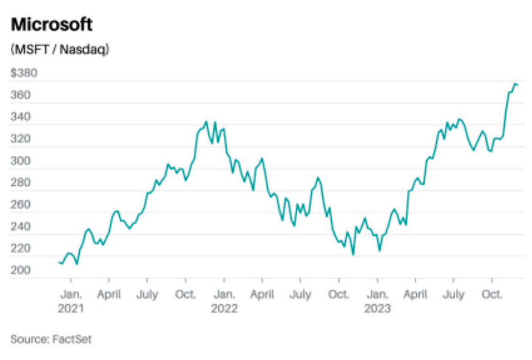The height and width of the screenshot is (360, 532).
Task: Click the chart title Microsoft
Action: tap(52, 24)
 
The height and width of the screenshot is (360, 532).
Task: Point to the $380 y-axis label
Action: tap(24, 73)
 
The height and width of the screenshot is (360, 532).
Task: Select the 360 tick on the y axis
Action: tap(20, 95)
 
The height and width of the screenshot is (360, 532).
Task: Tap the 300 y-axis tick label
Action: tap(20, 161)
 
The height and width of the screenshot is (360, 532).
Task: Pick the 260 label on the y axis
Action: tap(20, 205)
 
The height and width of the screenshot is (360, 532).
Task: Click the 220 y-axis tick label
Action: tap(20, 249)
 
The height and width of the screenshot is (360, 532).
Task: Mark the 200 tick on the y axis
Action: tap(20, 271)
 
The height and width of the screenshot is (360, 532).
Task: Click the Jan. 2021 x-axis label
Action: tap(71, 302)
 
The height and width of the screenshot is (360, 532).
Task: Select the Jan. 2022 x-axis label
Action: tap(224, 302)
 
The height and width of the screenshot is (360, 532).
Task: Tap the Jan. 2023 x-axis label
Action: tap(378, 302)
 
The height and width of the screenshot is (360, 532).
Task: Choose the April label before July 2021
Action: tap(109, 295)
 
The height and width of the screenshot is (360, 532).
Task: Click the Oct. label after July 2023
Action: tap(492, 295)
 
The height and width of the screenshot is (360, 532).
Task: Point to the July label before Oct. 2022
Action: tap(300, 295)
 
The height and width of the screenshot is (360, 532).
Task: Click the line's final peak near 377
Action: tap(515, 83)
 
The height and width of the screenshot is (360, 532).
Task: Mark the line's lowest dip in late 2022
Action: tap(353, 254)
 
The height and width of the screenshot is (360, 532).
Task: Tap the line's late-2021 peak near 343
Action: tap(206, 122)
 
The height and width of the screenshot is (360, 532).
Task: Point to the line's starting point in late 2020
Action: tap(59, 262)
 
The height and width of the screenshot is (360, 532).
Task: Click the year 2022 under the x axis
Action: tap(224, 309)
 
